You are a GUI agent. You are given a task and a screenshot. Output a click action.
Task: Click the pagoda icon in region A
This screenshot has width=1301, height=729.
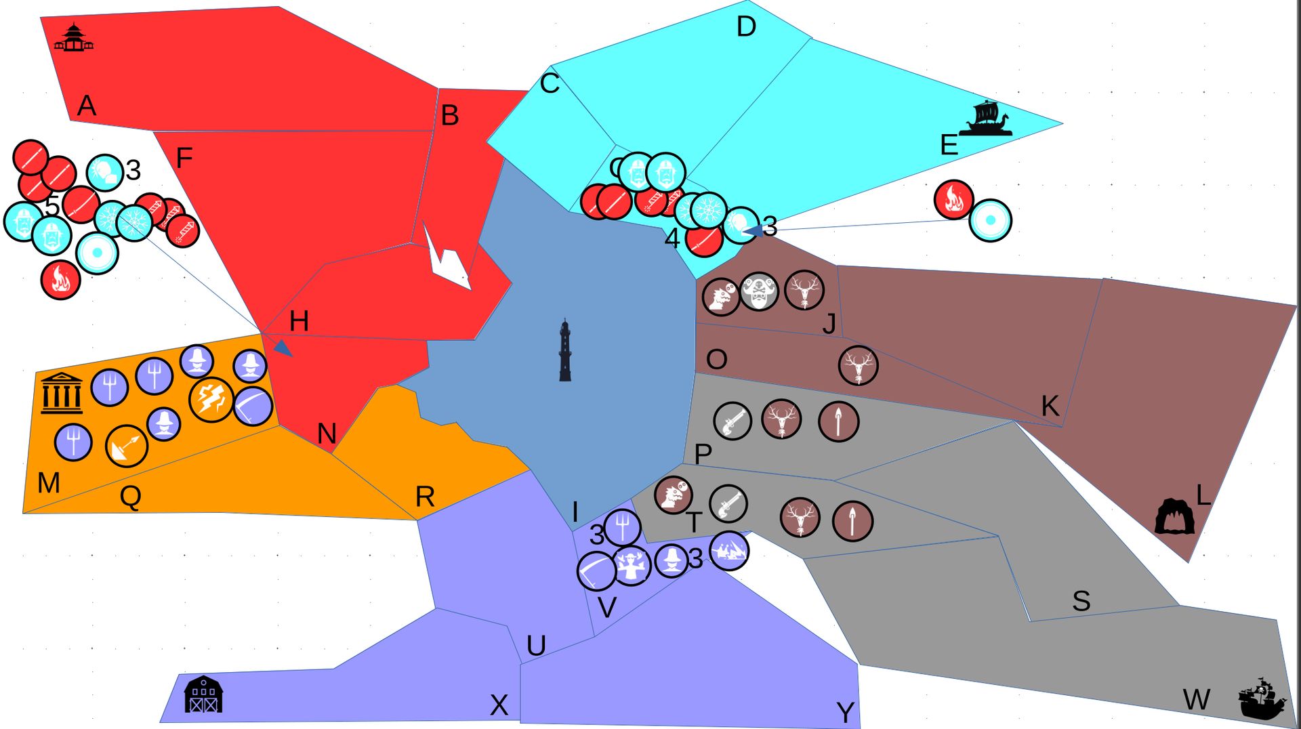[x=74, y=38]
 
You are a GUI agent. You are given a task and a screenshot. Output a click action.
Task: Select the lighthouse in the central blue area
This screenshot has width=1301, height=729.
[x=565, y=350]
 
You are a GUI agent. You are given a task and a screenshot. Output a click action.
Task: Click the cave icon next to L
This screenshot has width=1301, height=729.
[x=1174, y=516]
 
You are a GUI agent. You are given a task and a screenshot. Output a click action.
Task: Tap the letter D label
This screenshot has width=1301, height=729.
[x=745, y=27]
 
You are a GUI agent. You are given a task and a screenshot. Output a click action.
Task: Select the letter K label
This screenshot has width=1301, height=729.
[x=1050, y=406]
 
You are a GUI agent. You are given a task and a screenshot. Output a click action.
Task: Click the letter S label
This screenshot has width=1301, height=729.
[x=1081, y=601]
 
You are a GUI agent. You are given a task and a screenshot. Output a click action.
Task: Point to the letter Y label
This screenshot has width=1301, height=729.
[x=845, y=712]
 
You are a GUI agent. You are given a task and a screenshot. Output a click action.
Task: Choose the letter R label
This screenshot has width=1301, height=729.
[x=425, y=497]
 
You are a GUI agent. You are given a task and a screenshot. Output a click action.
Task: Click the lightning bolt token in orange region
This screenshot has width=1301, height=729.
[x=211, y=400]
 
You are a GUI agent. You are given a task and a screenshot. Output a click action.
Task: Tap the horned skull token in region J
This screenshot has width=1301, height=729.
[x=759, y=292]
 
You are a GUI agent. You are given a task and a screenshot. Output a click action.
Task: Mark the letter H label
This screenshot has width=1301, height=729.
[x=299, y=321]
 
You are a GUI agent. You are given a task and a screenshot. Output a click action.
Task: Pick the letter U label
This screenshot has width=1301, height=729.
[x=536, y=646]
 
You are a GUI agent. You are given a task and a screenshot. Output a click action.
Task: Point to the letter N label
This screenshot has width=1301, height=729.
[x=327, y=434]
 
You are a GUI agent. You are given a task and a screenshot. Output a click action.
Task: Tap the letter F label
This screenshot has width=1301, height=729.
[x=184, y=159]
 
